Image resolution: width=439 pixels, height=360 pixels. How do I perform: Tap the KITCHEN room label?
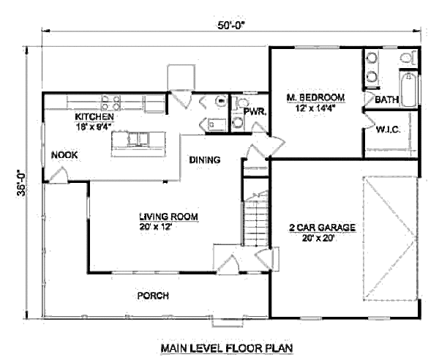click(94, 116)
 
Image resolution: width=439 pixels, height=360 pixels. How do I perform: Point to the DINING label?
click(205, 160)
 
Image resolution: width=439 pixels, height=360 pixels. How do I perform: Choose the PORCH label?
click(153, 296)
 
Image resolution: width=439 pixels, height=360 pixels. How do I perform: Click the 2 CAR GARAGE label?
click(322, 228)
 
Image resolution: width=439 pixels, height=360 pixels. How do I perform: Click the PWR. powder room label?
click(254, 112)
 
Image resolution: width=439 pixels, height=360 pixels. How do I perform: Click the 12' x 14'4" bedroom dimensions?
click(315, 108)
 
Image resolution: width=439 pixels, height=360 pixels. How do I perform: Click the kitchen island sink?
click(136, 137)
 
